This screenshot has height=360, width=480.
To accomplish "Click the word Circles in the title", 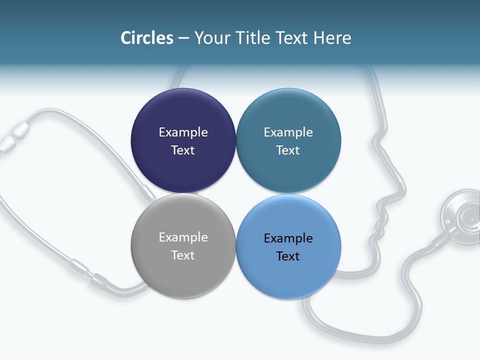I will [146, 38].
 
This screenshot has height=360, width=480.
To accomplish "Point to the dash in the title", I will [183, 38].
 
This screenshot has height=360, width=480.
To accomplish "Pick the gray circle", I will [183, 272].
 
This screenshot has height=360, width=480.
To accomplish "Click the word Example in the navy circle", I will [183, 132].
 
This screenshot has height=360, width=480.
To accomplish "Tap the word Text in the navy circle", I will [183, 150].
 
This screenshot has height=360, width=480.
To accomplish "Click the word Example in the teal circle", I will [288, 132].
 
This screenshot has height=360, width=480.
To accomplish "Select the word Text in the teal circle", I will [288, 150].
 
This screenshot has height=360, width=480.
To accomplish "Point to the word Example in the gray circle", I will [183, 237].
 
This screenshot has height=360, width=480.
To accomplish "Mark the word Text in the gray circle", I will [183, 255].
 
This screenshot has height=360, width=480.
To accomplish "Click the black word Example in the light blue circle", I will [288, 238].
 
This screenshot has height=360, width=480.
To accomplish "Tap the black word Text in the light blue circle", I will [288, 256].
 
